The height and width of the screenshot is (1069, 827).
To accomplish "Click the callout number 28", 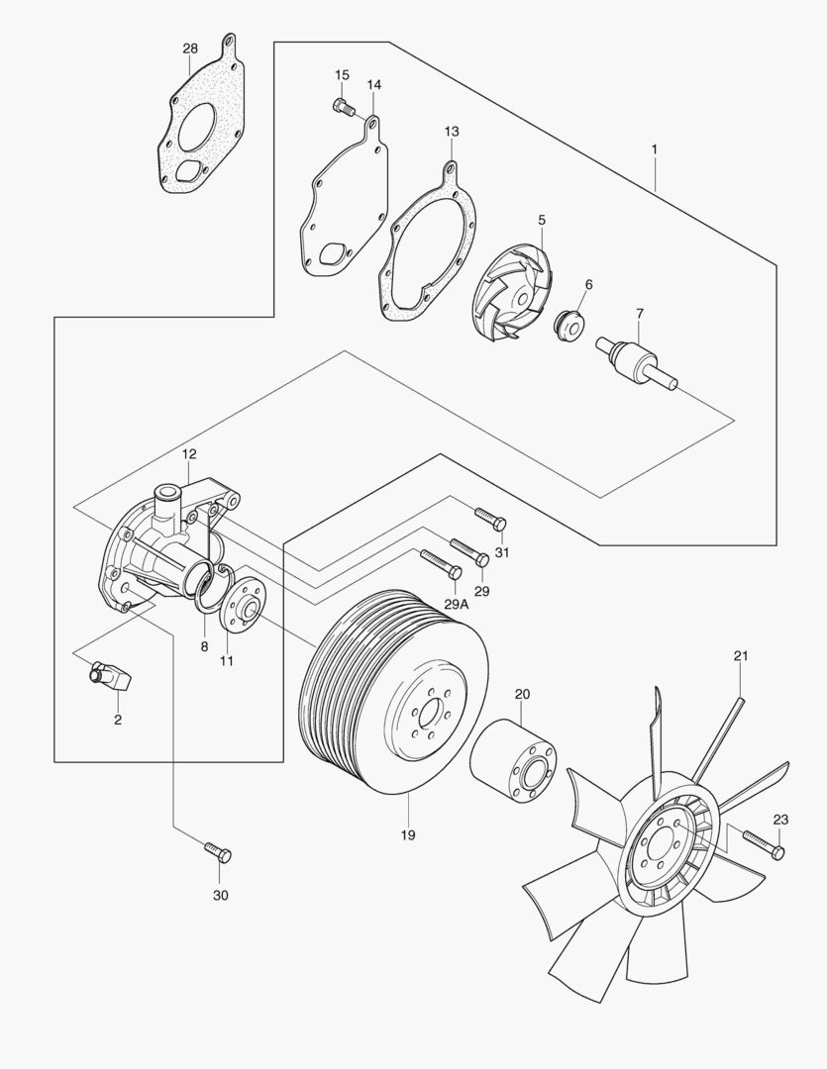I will (x=190, y=49).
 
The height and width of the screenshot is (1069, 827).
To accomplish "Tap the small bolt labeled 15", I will (x=343, y=105).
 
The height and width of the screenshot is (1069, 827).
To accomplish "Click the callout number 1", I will (x=654, y=148).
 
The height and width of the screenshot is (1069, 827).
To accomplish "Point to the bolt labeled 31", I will (x=491, y=518).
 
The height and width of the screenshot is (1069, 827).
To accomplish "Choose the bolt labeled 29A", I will (x=440, y=563).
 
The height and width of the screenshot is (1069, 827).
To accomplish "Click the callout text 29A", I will (x=456, y=603).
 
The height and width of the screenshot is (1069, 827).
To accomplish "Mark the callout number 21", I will (x=742, y=656).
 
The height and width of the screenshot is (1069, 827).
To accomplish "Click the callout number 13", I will (x=452, y=132).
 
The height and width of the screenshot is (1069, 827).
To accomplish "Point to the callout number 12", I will (x=189, y=453).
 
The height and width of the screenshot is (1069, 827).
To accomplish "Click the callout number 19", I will (x=408, y=835).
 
